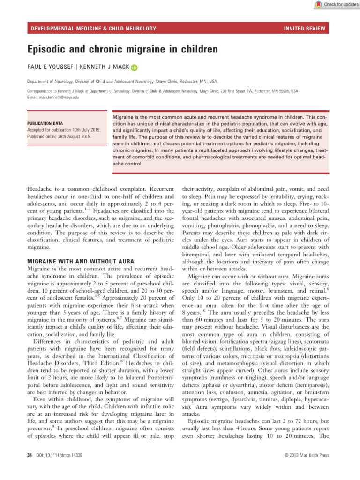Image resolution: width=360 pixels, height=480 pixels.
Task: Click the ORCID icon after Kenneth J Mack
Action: (x=135, y=68)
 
